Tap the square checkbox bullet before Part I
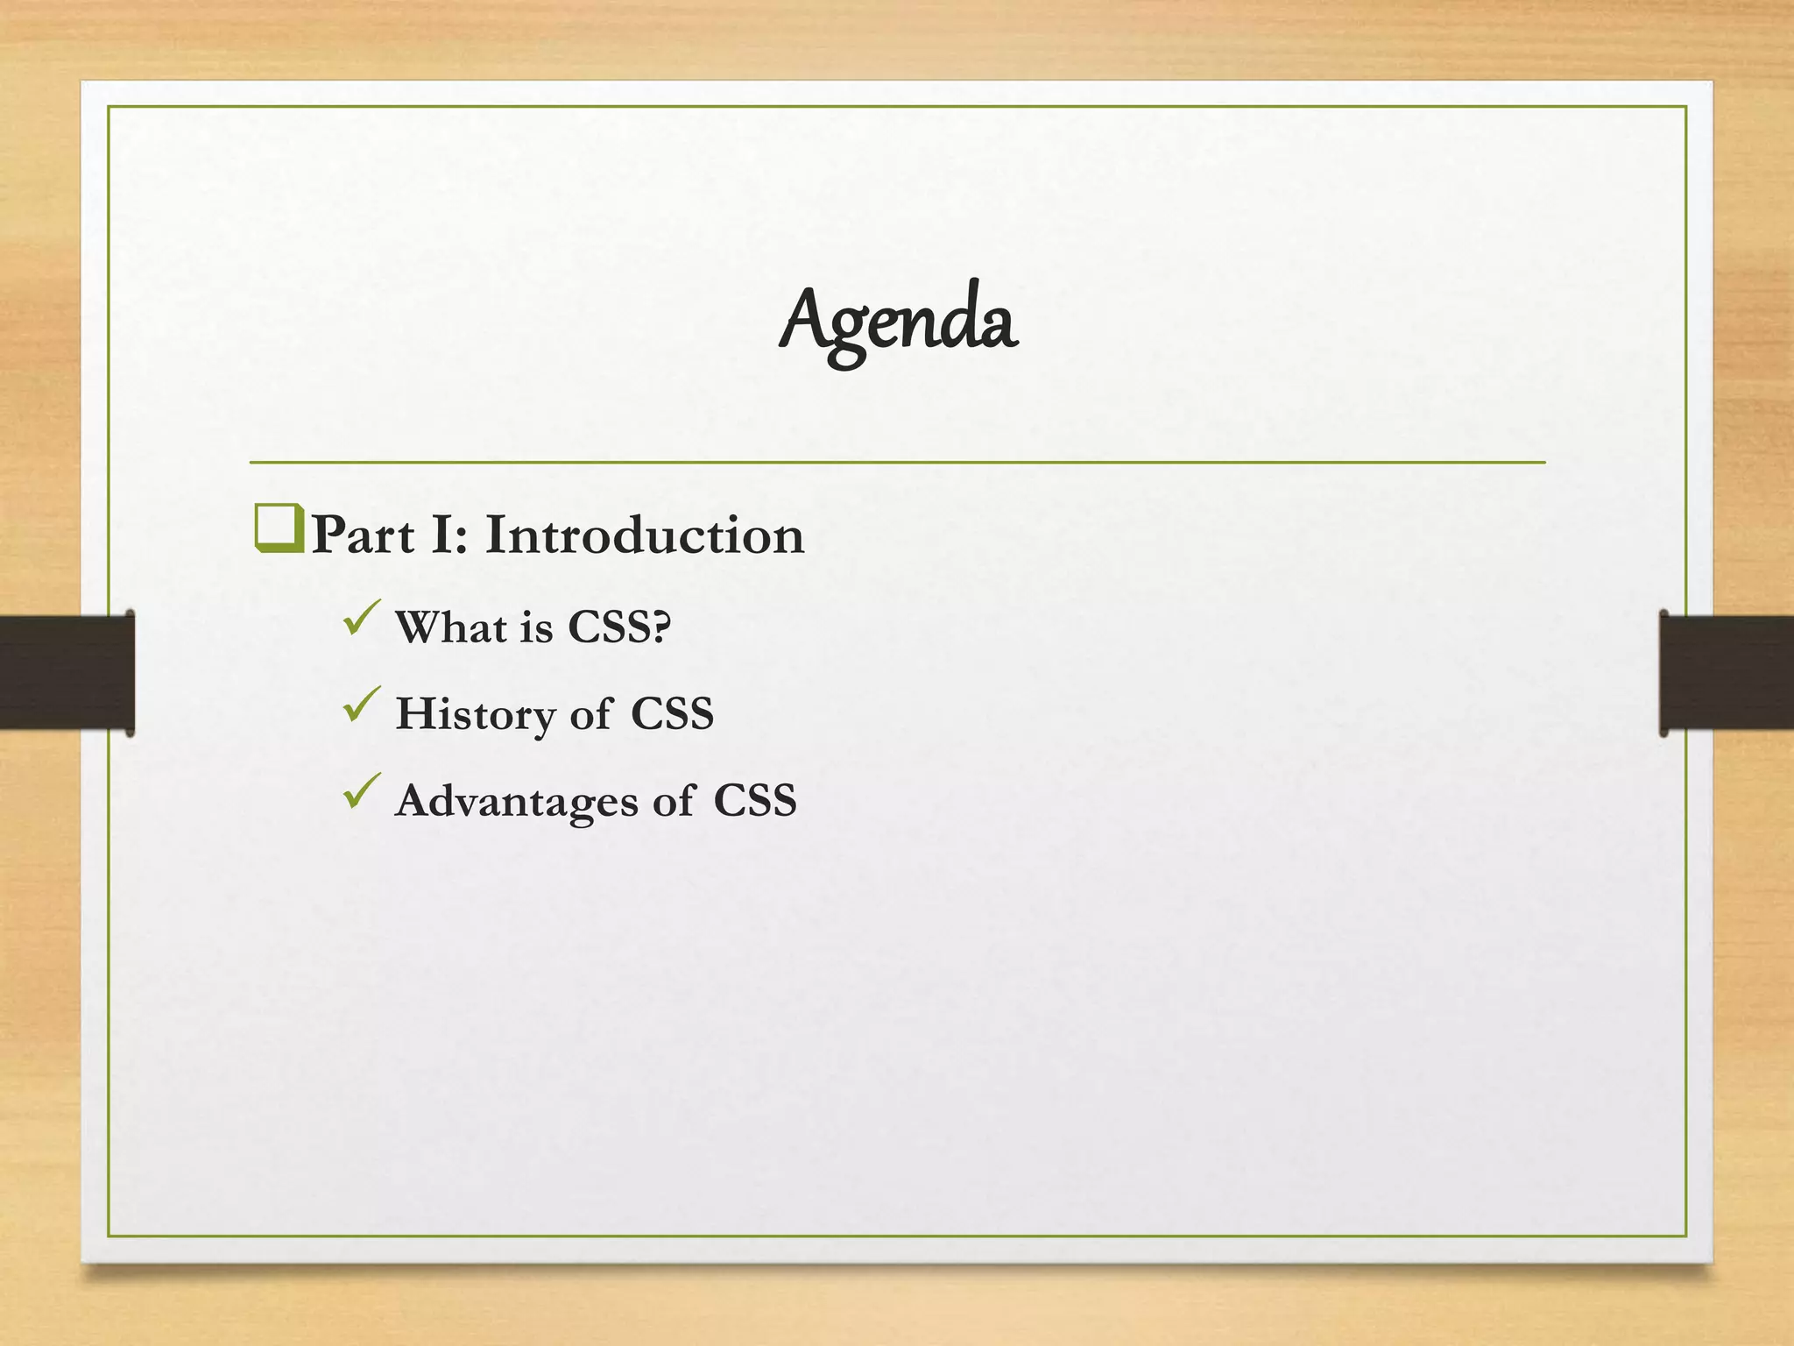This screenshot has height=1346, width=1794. click(279, 528)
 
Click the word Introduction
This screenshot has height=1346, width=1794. click(644, 535)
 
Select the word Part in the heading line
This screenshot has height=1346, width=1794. click(363, 535)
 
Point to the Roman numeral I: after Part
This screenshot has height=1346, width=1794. click(449, 535)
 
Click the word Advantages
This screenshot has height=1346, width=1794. click(516, 801)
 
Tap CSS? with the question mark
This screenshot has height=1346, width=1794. click(619, 627)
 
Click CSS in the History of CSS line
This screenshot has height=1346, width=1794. click(672, 713)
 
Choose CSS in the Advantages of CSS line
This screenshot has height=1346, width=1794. click(754, 800)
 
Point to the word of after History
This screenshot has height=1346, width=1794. click(590, 714)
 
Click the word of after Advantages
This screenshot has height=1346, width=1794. click(672, 801)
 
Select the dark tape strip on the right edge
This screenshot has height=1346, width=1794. click(1726, 672)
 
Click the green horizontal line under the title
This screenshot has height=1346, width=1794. click(897, 462)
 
